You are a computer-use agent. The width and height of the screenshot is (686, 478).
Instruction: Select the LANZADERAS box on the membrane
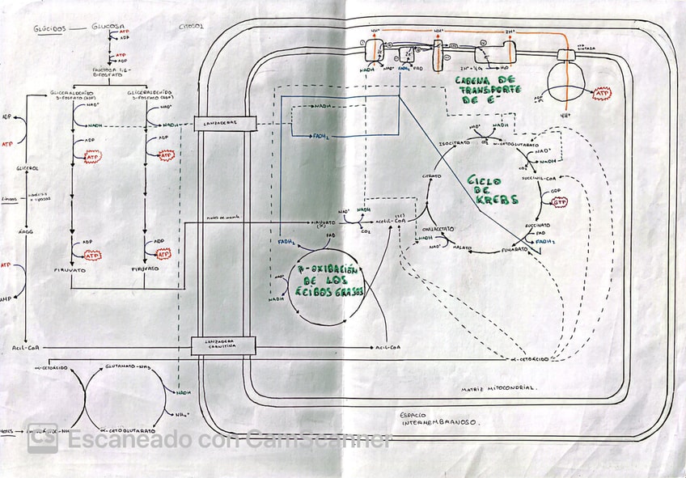(x=224, y=124)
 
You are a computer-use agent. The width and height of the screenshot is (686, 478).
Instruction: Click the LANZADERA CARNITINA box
(x=223, y=346)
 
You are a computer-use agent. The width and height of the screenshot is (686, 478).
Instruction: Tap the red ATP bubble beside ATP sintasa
(x=603, y=95)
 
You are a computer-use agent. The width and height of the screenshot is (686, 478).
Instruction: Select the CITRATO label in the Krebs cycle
(x=431, y=176)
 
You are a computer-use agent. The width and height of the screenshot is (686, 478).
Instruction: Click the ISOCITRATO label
(x=454, y=142)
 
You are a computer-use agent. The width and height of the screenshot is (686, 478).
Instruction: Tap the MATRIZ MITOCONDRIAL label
(x=497, y=387)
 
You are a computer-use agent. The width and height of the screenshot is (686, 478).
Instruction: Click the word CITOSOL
(x=191, y=26)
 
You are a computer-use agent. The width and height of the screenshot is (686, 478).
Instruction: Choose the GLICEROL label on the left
(x=28, y=168)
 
